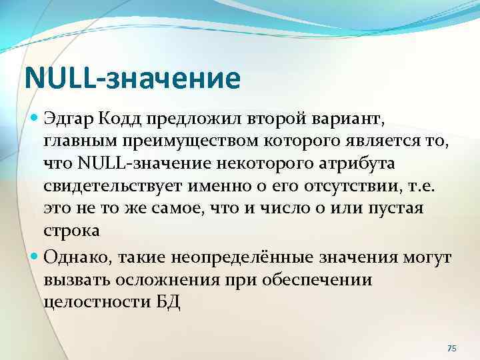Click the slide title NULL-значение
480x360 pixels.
click(132, 77)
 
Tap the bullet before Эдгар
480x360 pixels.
click(35, 119)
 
